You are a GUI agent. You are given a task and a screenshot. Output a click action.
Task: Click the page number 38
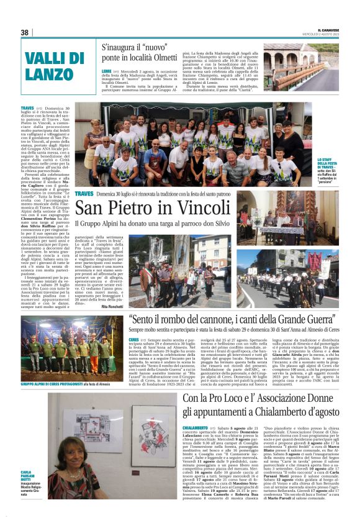coord(25,32)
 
